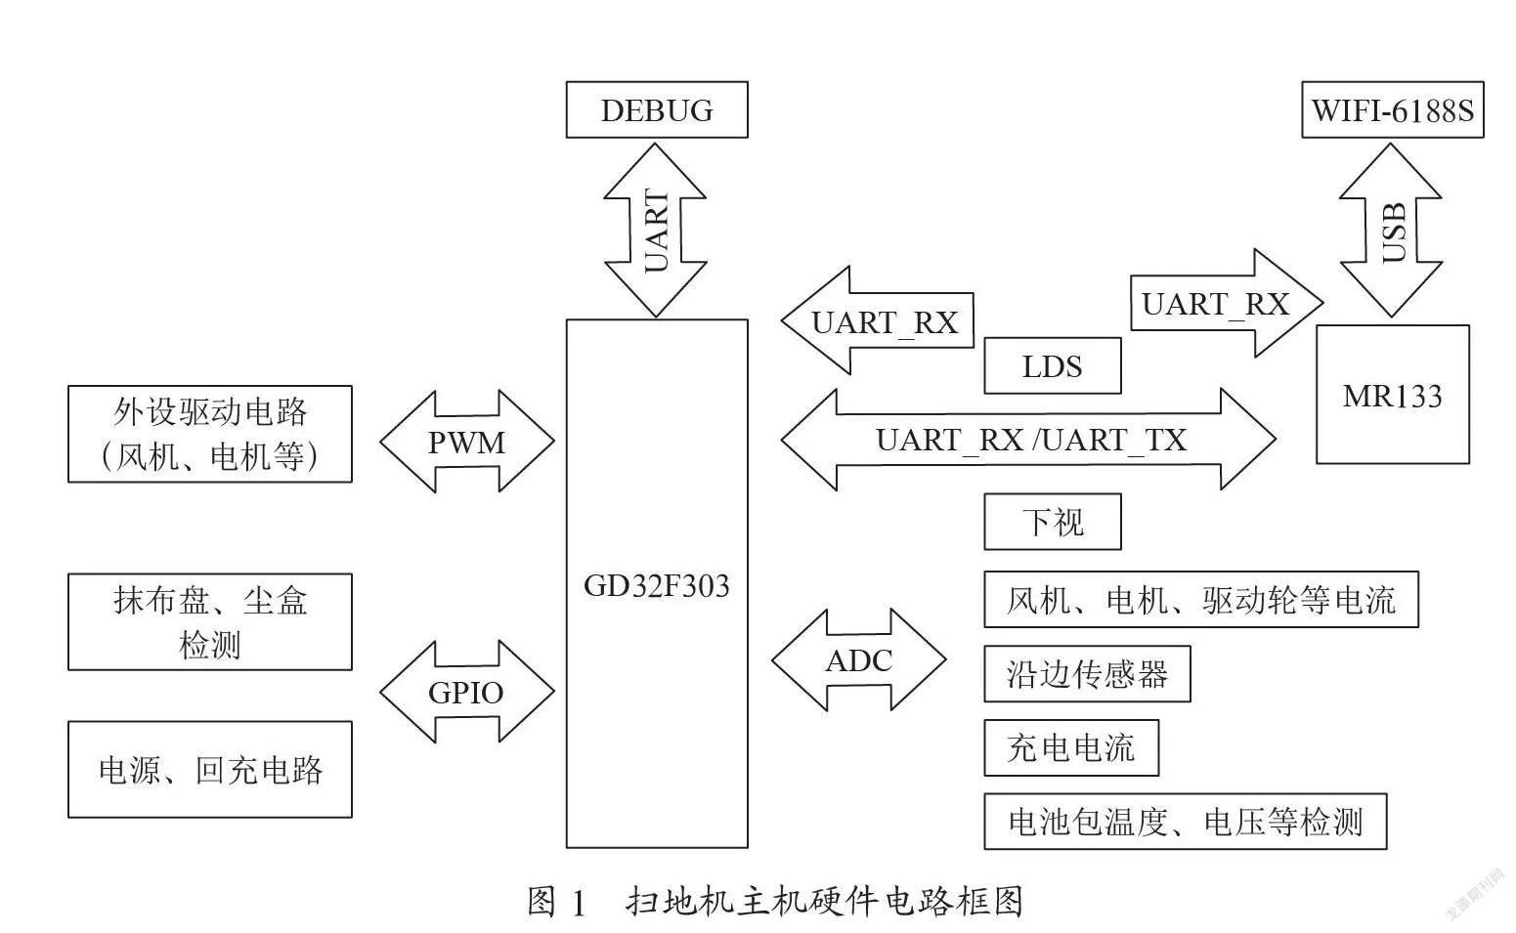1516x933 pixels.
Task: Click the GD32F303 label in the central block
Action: (x=657, y=586)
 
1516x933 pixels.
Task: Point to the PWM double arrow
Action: (x=467, y=442)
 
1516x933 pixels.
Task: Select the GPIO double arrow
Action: (x=467, y=692)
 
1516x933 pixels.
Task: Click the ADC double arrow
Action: (x=859, y=659)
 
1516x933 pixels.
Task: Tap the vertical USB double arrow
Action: (x=1391, y=230)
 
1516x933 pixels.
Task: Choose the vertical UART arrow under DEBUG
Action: (x=655, y=230)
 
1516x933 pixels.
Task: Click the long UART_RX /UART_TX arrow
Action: (x=1028, y=439)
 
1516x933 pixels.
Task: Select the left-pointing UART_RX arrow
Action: (x=877, y=320)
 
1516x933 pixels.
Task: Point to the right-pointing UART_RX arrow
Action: (x=1227, y=303)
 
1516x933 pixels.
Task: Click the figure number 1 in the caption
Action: (x=579, y=904)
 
